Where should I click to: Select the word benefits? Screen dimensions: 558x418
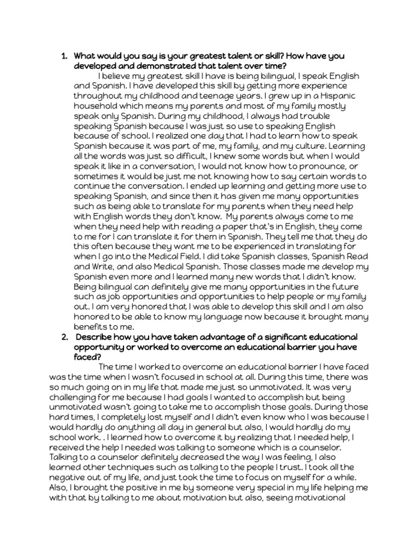tap(91, 327)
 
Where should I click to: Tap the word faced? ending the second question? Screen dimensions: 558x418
tap(88, 357)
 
